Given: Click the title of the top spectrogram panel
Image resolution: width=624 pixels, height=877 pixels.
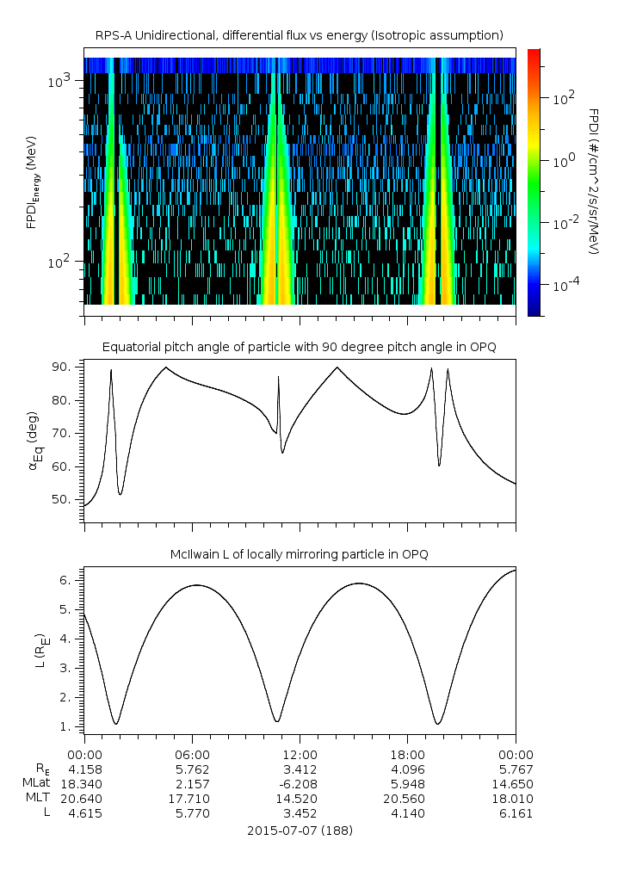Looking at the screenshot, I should [300, 35].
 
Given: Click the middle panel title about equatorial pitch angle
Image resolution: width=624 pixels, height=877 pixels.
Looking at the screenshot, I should [300, 347].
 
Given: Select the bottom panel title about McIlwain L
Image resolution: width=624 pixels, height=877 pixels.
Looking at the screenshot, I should [300, 555].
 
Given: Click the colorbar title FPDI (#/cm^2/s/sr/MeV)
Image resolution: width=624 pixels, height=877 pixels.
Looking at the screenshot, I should [594, 181].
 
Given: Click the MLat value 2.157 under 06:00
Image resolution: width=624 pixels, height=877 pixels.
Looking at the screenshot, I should [192, 783].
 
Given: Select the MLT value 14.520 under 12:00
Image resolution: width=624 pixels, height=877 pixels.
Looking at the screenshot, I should [300, 798].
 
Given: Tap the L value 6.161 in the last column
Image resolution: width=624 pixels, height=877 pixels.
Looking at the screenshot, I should [515, 812].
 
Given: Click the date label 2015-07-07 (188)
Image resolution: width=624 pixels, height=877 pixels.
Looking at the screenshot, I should [300, 831].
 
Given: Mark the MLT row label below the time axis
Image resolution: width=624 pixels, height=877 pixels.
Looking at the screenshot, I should [35, 798].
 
